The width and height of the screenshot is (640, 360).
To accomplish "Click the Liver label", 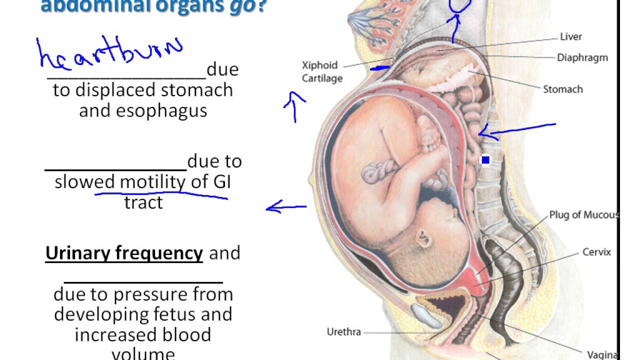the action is click(570, 36).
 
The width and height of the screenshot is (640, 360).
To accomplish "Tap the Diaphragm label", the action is click(582, 57).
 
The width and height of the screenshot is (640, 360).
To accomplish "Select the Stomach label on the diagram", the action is click(563, 89).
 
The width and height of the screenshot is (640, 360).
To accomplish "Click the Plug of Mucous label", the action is click(583, 215).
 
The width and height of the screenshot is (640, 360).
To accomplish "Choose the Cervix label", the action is click(596, 252).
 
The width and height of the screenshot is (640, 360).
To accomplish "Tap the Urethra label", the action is click(343, 331).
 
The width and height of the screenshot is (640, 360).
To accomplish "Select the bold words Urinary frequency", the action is click(124, 253).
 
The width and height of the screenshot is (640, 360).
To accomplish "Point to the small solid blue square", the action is click(485, 160).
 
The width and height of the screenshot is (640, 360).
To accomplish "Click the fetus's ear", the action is click(424, 235).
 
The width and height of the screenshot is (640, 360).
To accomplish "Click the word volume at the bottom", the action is click(143, 354).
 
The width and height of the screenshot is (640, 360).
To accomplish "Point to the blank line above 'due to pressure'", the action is click(143, 282).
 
